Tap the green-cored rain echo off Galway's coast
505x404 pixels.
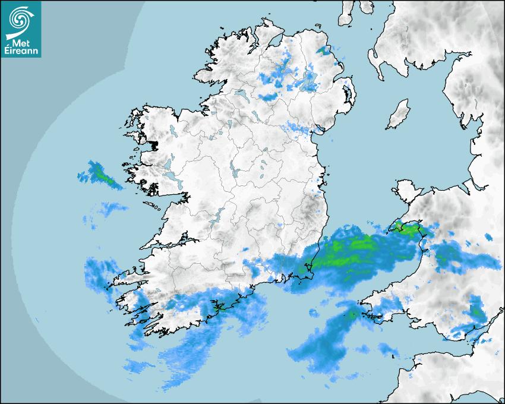[x=105, y=177]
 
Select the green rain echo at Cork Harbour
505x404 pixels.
[x=218, y=308]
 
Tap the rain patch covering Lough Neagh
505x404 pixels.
[x=309, y=80]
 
